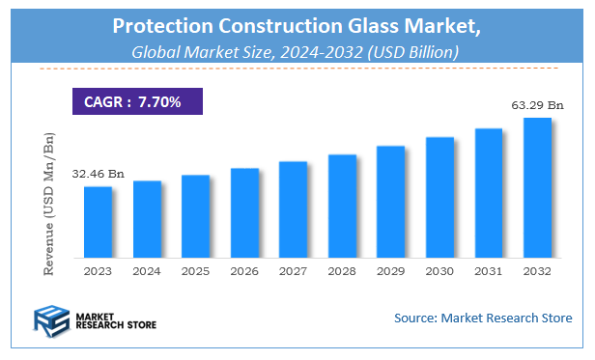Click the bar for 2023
click(x=98, y=223)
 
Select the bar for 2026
click(x=244, y=213)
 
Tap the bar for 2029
click(x=390, y=203)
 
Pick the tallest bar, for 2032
click(x=537, y=188)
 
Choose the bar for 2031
click(x=489, y=194)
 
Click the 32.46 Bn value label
click(x=98, y=175)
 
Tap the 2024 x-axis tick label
click(x=147, y=272)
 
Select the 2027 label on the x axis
click(x=293, y=272)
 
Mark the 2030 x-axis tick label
click(x=439, y=272)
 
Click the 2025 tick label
click(x=195, y=272)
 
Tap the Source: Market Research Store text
click(x=483, y=318)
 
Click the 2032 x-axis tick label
click(x=537, y=272)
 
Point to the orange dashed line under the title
click(x=297, y=69)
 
